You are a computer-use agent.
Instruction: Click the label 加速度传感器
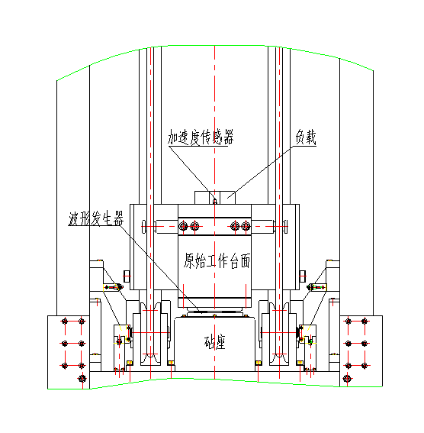[x=201, y=137]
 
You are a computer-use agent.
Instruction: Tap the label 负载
[x=306, y=137]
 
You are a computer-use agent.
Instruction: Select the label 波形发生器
[x=96, y=218]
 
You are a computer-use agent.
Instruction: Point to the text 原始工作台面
[x=217, y=260]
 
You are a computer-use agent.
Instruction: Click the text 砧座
[x=215, y=342]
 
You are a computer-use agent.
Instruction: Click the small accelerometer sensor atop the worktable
[x=215, y=201]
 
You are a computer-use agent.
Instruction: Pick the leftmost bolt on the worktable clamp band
[x=183, y=227]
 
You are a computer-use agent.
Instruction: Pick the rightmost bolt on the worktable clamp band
[x=246, y=227]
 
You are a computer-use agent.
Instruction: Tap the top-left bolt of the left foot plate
[x=65, y=322]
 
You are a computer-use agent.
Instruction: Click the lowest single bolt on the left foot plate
[x=82, y=378]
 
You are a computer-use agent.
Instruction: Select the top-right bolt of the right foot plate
[x=365, y=322]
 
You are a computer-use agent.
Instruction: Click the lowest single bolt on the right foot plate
[x=348, y=378]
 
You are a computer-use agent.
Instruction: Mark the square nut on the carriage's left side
[x=127, y=276]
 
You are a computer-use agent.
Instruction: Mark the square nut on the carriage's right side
[x=303, y=276]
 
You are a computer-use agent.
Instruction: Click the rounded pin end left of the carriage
[x=143, y=227]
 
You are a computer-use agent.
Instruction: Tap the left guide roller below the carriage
[x=150, y=334]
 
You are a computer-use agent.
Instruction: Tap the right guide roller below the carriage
[x=279, y=334]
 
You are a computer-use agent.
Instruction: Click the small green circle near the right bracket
[x=310, y=342]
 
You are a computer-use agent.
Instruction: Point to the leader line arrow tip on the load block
[x=227, y=198]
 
